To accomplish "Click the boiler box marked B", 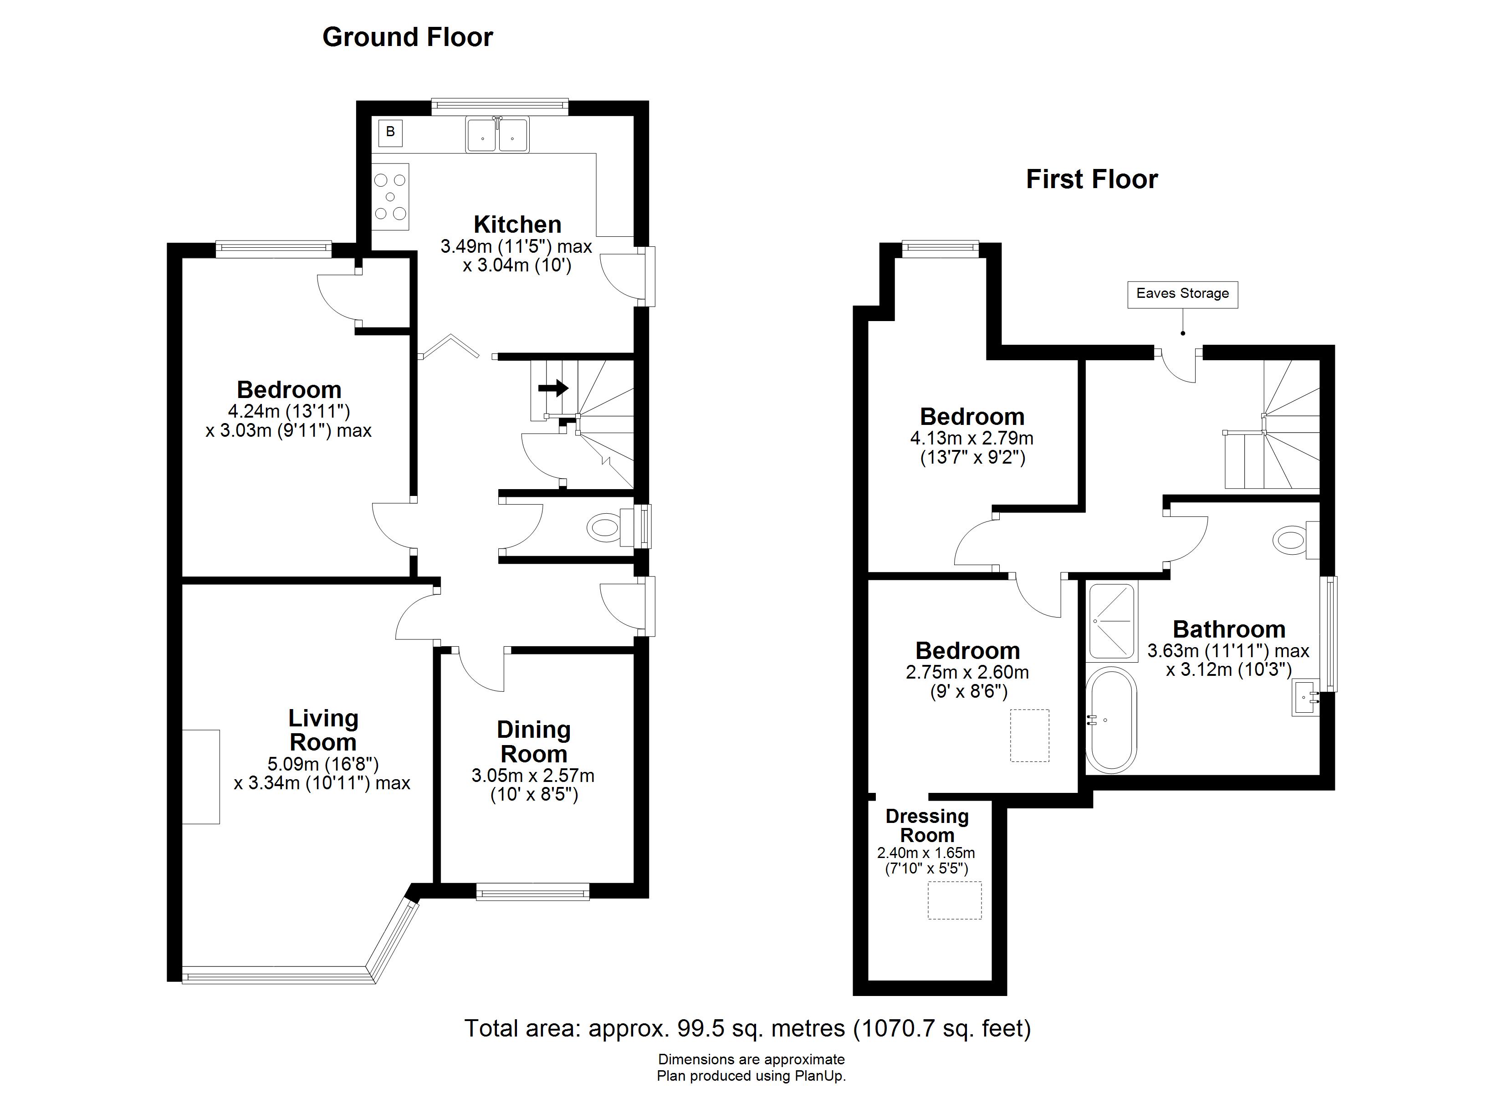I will tap(390, 132).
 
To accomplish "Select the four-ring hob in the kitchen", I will tap(390, 197).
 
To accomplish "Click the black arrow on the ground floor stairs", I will tap(553, 388).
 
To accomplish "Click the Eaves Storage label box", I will tap(1182, 294).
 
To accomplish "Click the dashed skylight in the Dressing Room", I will tap(954, 900).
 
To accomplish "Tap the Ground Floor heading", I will tap(408, 37).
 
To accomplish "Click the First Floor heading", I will tap(1091, 179).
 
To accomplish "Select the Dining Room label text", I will tap(533, 742).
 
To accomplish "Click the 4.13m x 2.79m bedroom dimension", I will tap(971, 438).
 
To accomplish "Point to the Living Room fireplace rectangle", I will tap(201, 777).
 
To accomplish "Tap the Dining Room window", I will tap(533, 892).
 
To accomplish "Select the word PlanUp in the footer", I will tap(822, 1076).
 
